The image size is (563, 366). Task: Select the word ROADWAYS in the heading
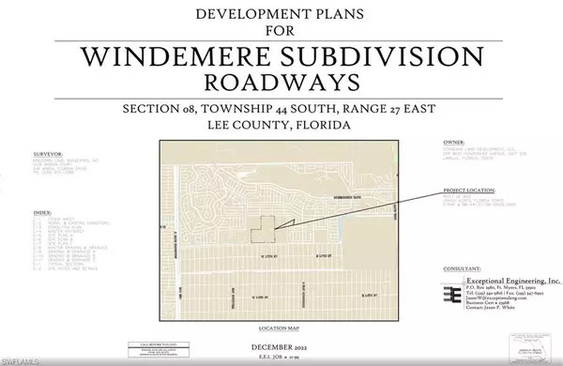coord(282,82)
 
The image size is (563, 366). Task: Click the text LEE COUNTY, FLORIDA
coord(282,126)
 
